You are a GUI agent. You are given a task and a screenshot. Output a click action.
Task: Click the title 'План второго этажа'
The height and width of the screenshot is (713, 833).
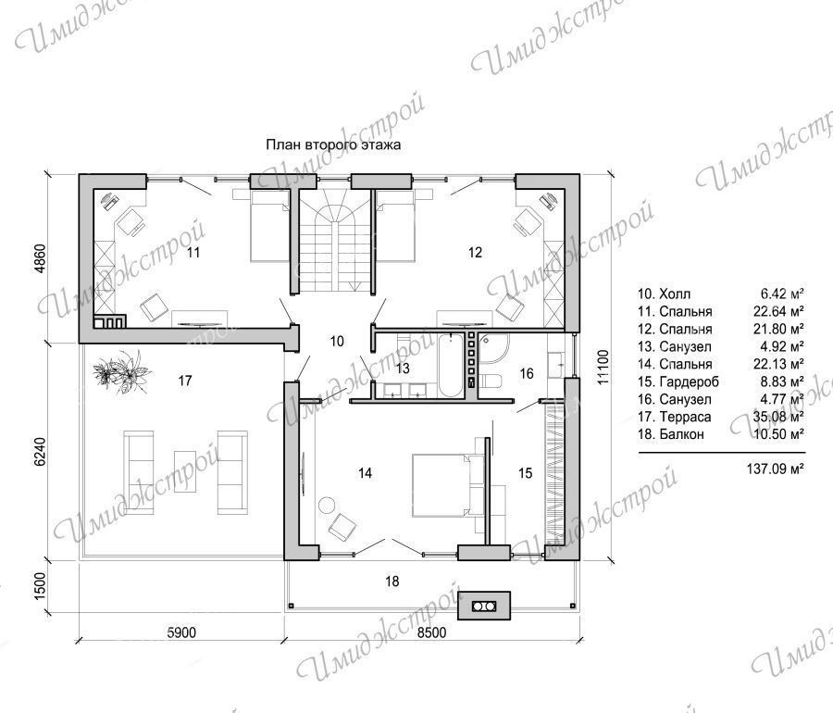click(x=333, y=144)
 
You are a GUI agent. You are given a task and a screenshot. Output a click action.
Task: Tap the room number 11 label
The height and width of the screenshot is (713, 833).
click(x=193, y=253)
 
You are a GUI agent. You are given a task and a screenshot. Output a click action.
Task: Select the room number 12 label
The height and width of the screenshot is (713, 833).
click(x=475, y=253)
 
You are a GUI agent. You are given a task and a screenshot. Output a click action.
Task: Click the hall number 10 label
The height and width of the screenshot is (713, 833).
click(x=337, y=341)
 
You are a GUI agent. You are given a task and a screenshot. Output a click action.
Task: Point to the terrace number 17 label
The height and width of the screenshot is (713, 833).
click(x=185, y=381)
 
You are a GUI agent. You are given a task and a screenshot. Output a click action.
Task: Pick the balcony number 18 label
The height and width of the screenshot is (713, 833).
click(x=392, y=582)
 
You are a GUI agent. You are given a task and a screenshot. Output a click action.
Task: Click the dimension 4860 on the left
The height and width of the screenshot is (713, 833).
click(x=41, y=258)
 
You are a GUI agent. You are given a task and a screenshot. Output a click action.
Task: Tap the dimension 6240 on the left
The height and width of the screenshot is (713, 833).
click(x=41, y=452)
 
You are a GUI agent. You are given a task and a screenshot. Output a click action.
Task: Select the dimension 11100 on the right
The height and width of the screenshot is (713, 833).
click(x=603, y=367)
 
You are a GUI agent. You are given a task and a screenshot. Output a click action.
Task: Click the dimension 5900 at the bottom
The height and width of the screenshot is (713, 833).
click(x=181, y=632)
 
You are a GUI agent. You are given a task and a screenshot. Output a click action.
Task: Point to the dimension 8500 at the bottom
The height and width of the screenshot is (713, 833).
click(x=431, y=632)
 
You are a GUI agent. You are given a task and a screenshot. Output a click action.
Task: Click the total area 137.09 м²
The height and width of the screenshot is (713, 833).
click(x=775, y=469)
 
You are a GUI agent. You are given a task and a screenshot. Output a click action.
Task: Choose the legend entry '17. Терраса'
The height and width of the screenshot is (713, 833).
click(x=675, y=417)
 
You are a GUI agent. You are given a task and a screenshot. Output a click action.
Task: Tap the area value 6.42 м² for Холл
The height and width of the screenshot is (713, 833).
click(x=781, y=294)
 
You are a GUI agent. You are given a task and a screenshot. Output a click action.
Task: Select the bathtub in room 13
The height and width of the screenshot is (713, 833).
click(x=451, y=365)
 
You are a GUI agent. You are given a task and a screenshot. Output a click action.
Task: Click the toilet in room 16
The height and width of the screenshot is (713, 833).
click(x=491, y=382)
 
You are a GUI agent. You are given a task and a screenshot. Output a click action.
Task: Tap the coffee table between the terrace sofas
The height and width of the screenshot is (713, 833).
click(x=185, y=472)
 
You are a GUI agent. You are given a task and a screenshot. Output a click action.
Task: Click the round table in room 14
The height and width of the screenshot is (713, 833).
click(x=325, y=505)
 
